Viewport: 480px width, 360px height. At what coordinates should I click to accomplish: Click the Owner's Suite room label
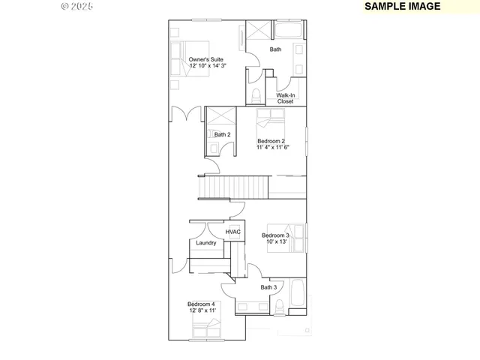pyautogui.click(x=205, y=59)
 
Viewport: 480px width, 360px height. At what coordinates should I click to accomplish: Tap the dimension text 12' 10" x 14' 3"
pyautogui.click(x=208, y=66)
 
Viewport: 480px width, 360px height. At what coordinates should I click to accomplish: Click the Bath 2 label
pyautogui.click(x=222, y=135)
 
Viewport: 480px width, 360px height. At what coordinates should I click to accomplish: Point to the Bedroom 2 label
pyautogui.click(x=271, y=141)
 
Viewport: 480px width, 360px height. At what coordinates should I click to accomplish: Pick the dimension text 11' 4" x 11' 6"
pyautogui.click(x=273, y=148)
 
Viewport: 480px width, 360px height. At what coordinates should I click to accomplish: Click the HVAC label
pyautogui.click(x=232, y=232)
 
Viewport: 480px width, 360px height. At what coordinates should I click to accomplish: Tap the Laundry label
pyautogui.click(x=206, y=243)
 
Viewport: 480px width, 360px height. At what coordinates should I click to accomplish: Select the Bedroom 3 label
pyautogui.click(x=275, y=235)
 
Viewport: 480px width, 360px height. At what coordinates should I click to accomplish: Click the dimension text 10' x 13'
pyautogui.click(x=275, y=242)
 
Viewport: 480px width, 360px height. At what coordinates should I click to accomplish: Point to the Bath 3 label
pyautogui.click(x=268, y=287)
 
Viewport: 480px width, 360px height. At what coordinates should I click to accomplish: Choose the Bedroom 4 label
pyautogui.click(x=201, y=304)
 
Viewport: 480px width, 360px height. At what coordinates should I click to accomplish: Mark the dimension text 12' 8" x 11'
pyautogui.click(x=202, y=310)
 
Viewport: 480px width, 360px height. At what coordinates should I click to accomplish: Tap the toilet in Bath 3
pyautogui.click(x=278, y=305)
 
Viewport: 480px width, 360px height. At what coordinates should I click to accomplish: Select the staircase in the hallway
pyautogui.click(x=233, y=185)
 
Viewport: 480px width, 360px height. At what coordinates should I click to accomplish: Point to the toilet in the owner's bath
pyautogui.click(x=256, y=95)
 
